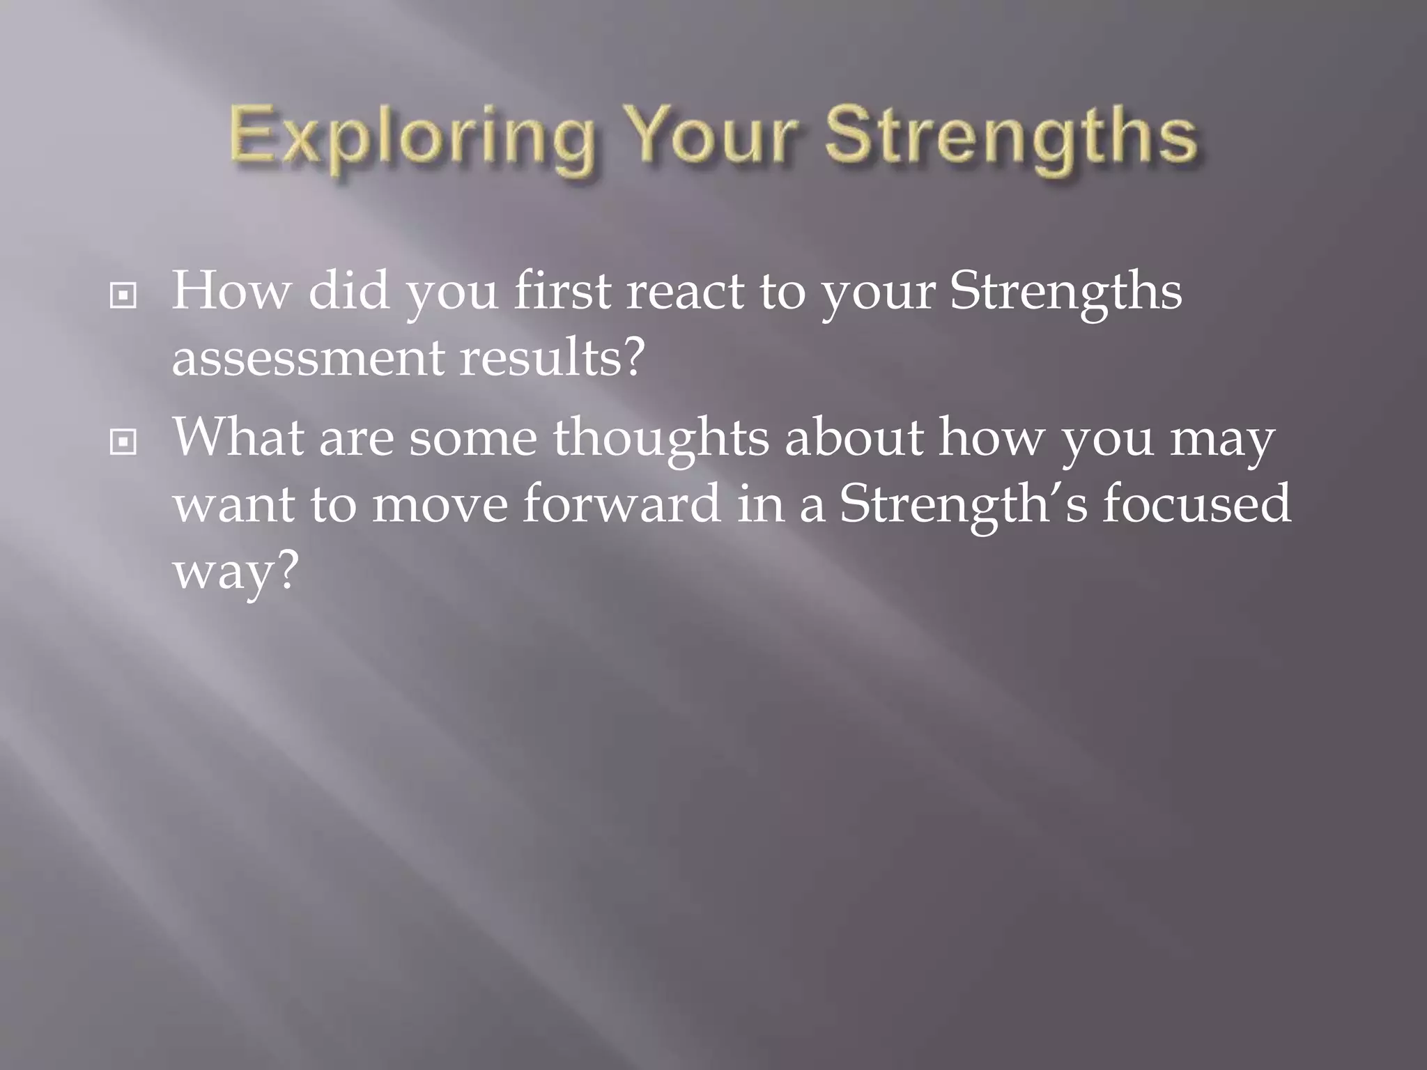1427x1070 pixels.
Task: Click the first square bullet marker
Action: click(x=123, y=297)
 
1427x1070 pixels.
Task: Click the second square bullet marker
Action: click(x=123, y=442)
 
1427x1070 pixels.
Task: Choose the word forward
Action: click(x=622, y=503)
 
